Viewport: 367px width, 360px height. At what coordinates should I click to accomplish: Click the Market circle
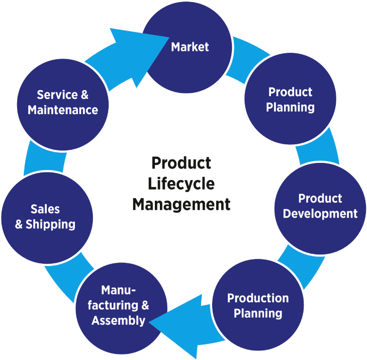(x=190, y=47)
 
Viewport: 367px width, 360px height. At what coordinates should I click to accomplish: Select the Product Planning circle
(x=291, y=100)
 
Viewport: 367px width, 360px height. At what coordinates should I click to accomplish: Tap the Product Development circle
(x=320, y=206)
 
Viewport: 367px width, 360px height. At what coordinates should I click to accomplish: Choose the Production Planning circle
(x=258, y=305)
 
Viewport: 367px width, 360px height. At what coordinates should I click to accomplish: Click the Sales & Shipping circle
(x=45, y=217)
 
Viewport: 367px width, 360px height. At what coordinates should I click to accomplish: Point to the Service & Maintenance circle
(x=62, y=103)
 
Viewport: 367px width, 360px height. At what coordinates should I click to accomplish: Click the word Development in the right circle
(x=320, y=213)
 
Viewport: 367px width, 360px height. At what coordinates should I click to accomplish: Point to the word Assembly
(x=119, y=320)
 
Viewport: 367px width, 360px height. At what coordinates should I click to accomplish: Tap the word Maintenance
(x=62, y=110)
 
